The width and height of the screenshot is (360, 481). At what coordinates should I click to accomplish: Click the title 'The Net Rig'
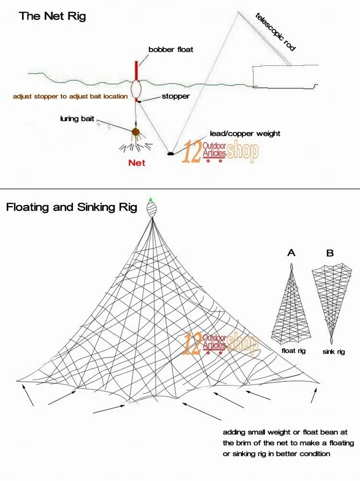[52, 17]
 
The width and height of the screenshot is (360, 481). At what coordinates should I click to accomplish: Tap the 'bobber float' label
[171, 50]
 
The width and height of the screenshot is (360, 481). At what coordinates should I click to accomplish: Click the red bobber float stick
[137, 70]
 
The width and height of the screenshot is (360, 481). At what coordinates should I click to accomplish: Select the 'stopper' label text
[175, 96]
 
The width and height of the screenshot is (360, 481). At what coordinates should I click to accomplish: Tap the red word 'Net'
[136, 163]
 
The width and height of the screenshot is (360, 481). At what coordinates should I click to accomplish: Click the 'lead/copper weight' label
[245, 133]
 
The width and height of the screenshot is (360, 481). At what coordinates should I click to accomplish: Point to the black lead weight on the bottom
[170, 154]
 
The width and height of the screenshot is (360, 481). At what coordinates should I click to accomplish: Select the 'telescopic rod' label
[275, 32]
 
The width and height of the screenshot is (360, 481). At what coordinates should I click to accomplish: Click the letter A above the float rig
[291, 253]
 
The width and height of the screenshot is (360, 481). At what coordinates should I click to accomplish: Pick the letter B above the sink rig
[330, 253]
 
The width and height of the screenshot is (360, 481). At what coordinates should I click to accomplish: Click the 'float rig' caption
[293, 351]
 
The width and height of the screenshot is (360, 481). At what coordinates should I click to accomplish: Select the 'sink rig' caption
[333, 352]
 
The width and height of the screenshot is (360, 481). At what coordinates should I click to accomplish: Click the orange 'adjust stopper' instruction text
[70, 96]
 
